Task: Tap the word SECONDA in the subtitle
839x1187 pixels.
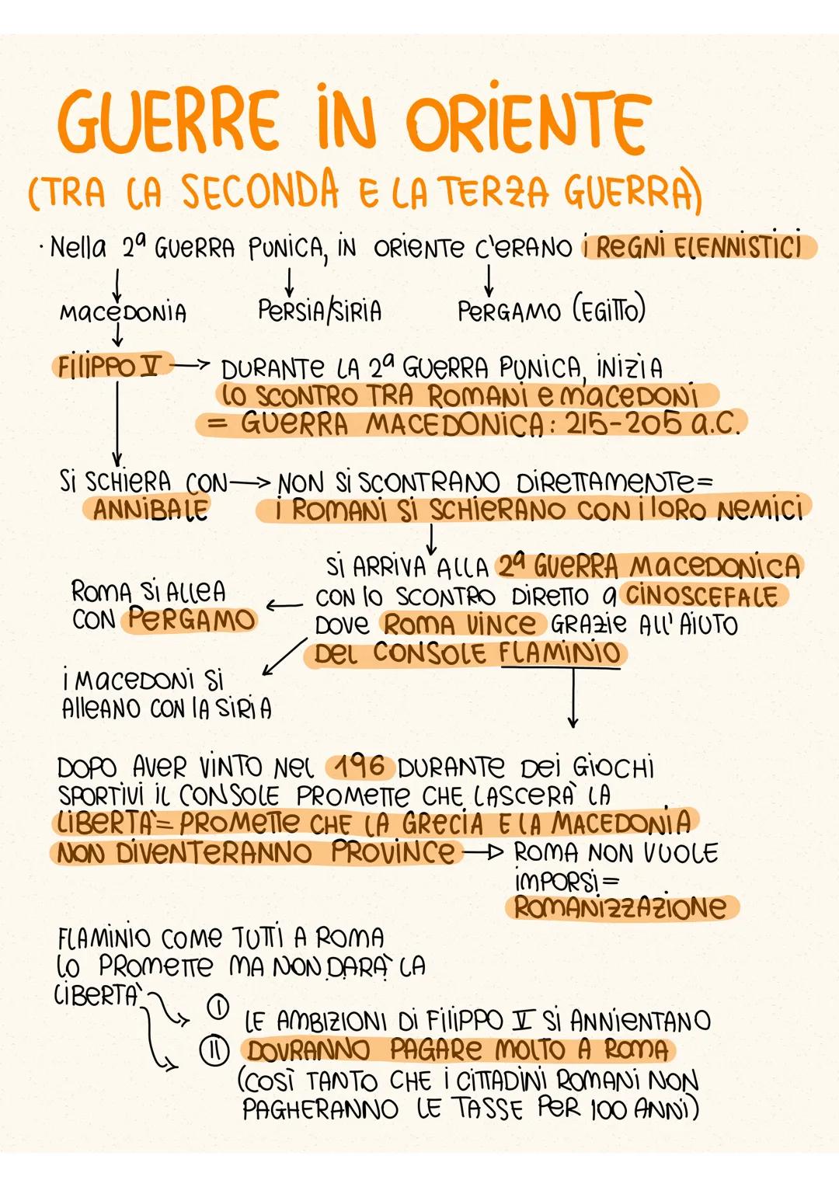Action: click(260, 191)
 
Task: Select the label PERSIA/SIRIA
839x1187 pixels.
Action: click(319, 311)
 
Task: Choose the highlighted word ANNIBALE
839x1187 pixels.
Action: click(151, 510)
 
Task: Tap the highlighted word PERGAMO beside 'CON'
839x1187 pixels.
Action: click(191, 619)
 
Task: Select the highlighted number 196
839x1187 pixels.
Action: click(360, 767)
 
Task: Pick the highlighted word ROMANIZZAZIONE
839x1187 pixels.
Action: click(620, 907)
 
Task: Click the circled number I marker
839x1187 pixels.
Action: click(218, 1008)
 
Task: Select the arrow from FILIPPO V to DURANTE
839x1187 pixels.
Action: click(189, 364)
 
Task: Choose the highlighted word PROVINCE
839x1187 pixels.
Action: click(392, 852)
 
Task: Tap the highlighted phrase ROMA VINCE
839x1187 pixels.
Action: click(460, 624)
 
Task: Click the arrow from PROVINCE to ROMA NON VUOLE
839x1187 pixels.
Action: click(483, 853)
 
